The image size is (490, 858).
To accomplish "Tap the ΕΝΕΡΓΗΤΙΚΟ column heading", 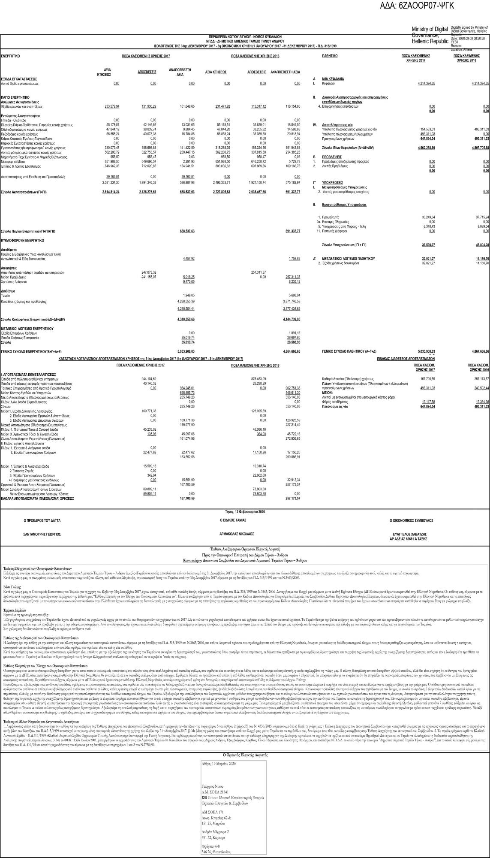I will coord(10,56).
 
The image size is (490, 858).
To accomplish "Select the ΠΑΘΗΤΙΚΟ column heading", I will coord(330,56).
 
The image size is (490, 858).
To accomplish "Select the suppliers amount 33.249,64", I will coord(428,218).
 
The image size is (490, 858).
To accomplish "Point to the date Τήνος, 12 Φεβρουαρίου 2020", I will coord(245,511).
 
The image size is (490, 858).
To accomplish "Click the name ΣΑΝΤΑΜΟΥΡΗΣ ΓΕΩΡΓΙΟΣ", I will coord(42,535).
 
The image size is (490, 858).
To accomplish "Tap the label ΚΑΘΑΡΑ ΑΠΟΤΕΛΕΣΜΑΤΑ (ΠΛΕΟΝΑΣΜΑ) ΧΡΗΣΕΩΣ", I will coord(37,498).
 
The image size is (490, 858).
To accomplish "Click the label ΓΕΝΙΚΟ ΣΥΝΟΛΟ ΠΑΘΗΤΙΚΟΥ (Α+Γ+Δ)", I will coord(349,351).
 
